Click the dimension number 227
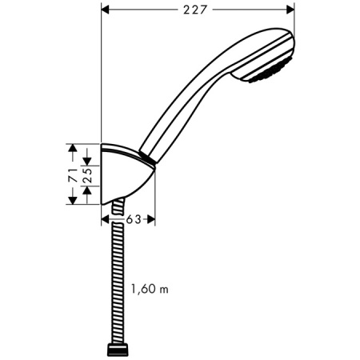tap(198, 10)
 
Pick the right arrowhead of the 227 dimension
tap(291, 10)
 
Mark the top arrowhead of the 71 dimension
tap(73, 148)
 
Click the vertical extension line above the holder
tap(102, 80)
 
